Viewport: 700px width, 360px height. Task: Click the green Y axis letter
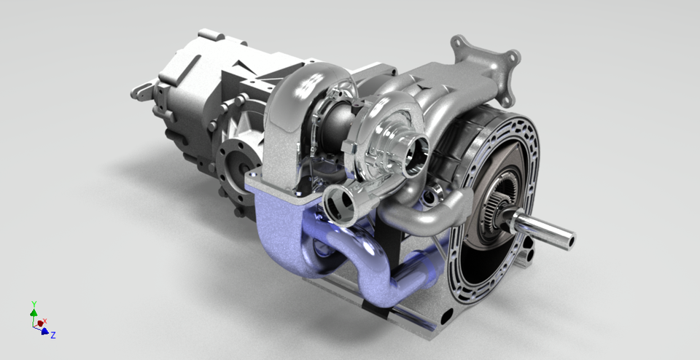(x=34, y=302)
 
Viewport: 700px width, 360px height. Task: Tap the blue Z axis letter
(x=53, y=335)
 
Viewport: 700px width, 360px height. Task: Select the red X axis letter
(x=44, y=321)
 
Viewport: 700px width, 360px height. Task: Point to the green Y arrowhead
(x=34, y=312)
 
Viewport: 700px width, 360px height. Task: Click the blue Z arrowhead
(x=45, y=331)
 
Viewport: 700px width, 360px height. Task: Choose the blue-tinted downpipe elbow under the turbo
(x=277, y=219)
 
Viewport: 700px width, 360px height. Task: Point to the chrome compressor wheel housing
(x=386, y=138)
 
